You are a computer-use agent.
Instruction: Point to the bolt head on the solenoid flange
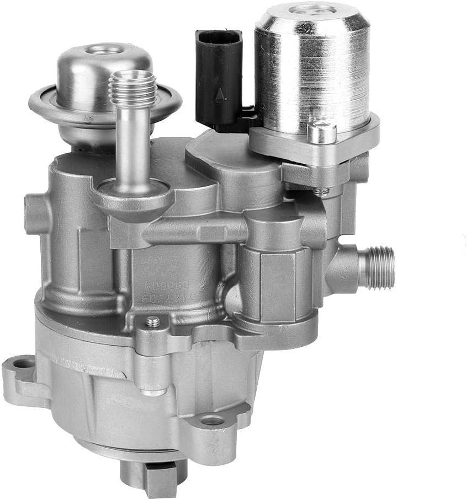[322, 132]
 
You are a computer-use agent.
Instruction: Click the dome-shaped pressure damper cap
[105, 72]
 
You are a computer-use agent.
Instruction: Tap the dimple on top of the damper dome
[105, 50]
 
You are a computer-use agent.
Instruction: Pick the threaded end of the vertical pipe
[132, 88]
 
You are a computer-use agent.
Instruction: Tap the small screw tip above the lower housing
[152, 322]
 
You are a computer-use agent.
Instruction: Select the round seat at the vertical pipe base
[132, 193]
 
